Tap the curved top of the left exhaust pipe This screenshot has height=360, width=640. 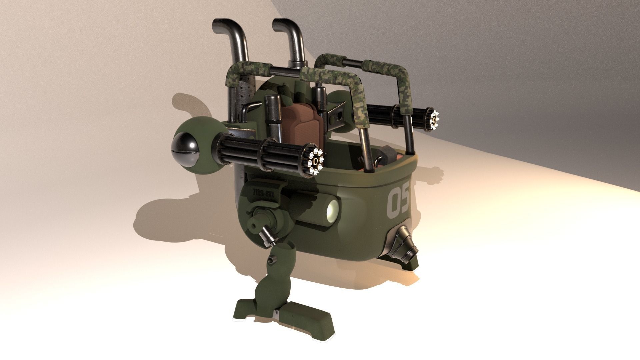224,27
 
